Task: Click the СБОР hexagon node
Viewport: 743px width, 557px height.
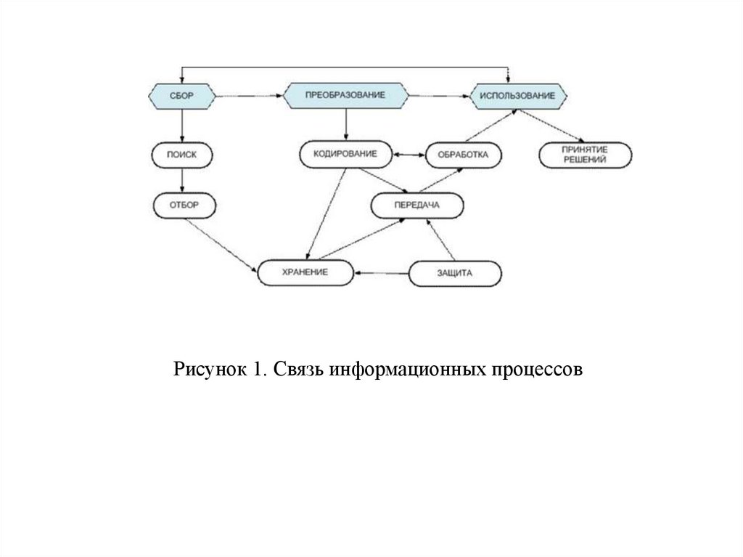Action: click(x=182, y=96)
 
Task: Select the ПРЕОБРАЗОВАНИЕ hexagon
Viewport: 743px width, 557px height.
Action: click(x=345, y=95)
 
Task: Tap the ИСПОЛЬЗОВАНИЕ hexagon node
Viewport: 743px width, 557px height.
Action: click(x=518, y=97)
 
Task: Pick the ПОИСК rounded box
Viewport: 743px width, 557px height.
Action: click(x=182, y=155)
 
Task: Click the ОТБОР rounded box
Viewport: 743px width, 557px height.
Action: click(x=184, y=206)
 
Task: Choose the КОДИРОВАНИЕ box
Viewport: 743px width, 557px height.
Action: click(x=346, y=154)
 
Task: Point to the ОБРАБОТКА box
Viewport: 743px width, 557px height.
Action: click(x=464, y=155)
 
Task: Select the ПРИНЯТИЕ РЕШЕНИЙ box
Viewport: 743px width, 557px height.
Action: click(x=586, y=155)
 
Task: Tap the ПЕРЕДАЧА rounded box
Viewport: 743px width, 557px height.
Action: click(x=417, y=206)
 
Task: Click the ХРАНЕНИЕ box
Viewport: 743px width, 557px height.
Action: click(x=305, y=273)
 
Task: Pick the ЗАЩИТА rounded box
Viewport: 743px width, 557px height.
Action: click(x=455, y=274)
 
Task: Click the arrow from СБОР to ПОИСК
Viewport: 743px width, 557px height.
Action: click(x=182, y=126)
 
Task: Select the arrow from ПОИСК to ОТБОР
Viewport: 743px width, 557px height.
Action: click(x=182, y=180)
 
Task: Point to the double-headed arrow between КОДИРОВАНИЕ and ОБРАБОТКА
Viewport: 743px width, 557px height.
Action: click(x=409, y=155)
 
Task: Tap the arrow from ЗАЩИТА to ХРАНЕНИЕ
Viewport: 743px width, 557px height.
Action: click(x=381, y=273)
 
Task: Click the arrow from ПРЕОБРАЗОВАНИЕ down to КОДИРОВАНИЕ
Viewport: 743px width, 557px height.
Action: click(x=346, y=125)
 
